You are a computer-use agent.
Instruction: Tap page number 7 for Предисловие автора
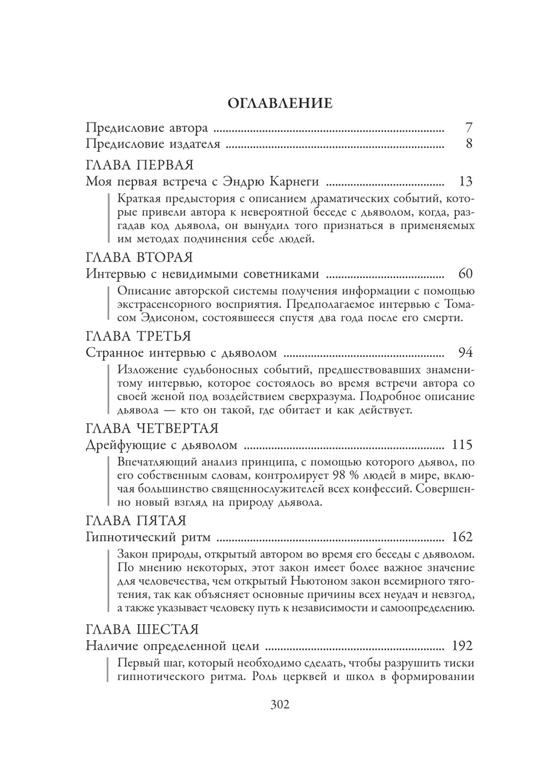468,128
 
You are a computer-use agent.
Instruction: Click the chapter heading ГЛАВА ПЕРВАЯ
139,165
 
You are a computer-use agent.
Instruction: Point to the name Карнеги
292,181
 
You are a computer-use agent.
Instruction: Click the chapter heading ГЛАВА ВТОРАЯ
139,257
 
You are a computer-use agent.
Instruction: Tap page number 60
465,274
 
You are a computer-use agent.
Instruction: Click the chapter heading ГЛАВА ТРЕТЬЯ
138,336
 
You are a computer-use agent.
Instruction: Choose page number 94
465,353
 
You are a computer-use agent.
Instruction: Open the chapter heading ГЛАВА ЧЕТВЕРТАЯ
152,428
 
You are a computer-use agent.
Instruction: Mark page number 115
463,445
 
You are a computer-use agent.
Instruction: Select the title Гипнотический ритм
148,537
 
